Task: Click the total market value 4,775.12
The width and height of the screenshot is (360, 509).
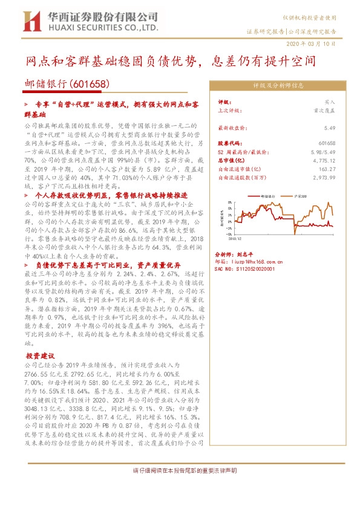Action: click(323, 162)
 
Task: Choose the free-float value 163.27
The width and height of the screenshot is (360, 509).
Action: click(326, 170)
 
